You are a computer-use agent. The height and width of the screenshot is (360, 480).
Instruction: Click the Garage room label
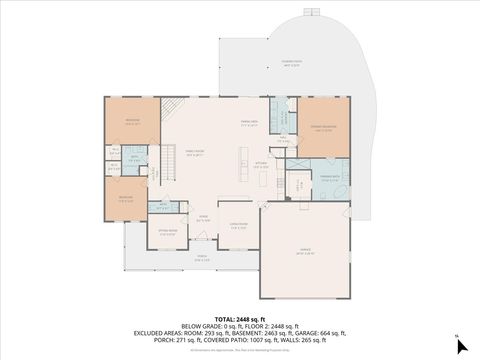(306, 254)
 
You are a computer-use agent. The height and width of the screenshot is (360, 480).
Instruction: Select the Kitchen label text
(260, 166)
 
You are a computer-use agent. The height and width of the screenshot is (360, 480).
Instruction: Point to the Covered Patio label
(291, 62)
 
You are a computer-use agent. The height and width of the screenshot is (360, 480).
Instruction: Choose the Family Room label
(194, 154)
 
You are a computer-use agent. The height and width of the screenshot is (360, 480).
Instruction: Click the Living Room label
(239, 226)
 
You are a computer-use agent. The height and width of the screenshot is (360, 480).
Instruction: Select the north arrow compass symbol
(459, 347)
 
